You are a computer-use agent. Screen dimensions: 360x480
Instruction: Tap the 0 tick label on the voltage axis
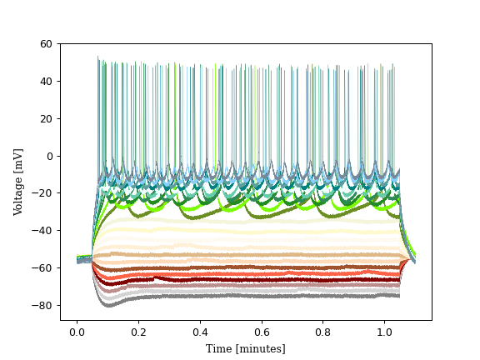point(49,156)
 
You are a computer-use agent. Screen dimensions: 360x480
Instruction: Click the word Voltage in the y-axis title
point(18,192)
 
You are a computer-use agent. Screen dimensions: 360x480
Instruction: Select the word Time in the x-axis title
point(219,348)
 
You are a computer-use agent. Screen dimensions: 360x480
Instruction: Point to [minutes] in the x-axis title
point(260,348)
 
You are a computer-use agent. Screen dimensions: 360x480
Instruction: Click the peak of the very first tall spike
point(97,57)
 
